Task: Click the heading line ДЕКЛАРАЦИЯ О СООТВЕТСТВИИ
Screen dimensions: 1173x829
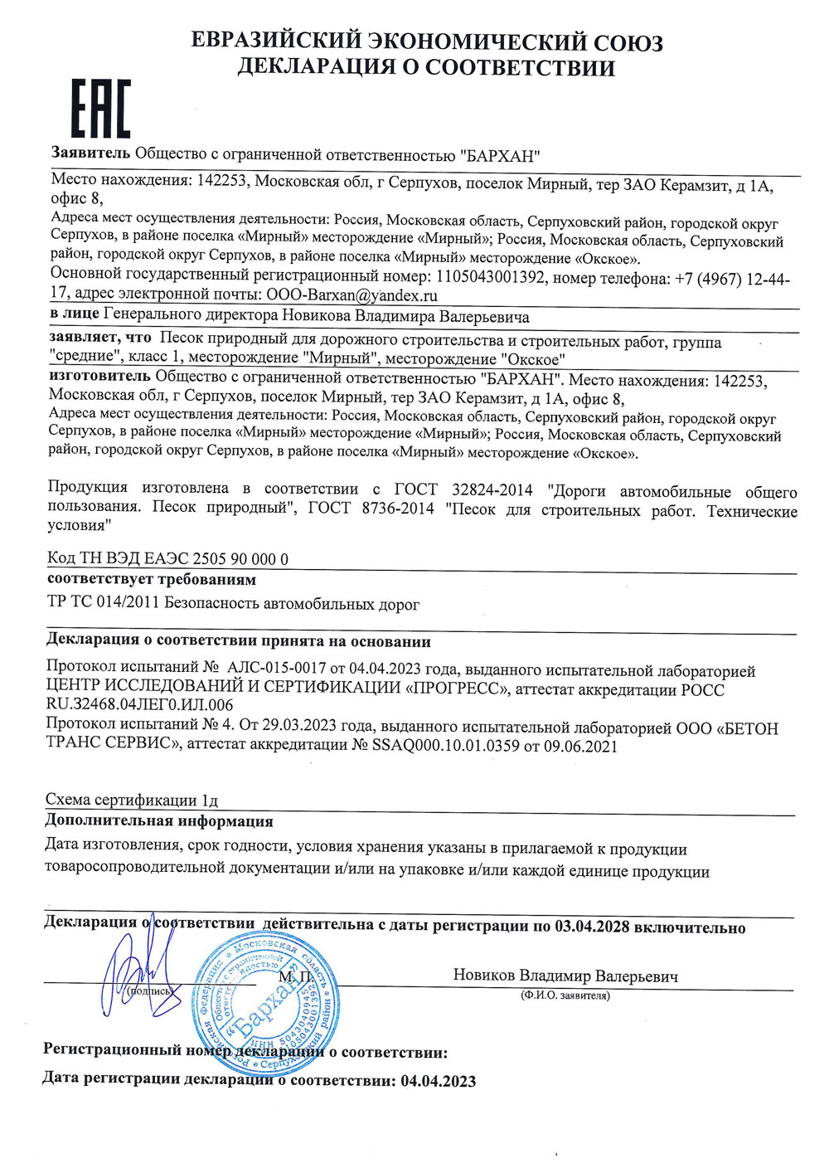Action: pos(426,67)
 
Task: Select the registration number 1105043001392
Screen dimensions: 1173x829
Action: pos(490,277)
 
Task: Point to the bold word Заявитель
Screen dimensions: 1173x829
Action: pos(90,153)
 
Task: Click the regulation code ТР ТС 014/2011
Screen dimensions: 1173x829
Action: pos(104,604)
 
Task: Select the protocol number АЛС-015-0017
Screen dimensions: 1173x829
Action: pos(279,669)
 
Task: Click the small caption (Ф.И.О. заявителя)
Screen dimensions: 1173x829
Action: pos(565,995)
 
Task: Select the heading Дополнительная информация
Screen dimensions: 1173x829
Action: pos(158,821)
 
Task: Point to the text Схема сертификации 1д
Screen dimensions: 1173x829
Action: pos(132,800)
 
